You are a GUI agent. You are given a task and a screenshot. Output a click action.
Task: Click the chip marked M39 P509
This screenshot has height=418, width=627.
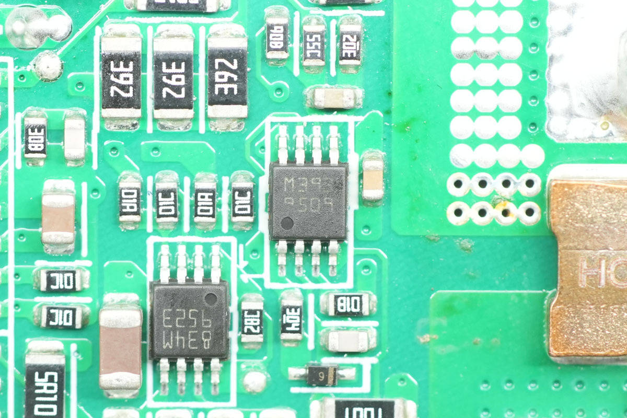[x=308, y=201]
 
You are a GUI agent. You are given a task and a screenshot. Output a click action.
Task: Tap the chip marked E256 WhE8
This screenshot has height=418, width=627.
[x=189, y=320]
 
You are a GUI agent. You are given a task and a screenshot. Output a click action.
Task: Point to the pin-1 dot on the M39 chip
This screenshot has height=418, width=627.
[x=287, y=224]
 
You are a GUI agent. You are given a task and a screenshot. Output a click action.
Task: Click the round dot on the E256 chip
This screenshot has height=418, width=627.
[x=211, y=299]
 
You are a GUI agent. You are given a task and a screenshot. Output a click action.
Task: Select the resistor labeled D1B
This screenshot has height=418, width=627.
[x=349, y=304]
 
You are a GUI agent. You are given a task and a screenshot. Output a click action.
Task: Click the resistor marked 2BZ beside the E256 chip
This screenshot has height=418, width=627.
[x=252, y=321]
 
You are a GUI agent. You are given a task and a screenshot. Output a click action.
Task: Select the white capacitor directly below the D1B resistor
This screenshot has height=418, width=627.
[x=349, y=340]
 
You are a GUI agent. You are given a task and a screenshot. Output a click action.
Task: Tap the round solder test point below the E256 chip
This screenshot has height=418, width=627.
[x=254, y=382]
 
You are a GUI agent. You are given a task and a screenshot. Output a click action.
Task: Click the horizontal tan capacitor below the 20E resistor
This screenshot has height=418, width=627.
[x=334, y=97]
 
